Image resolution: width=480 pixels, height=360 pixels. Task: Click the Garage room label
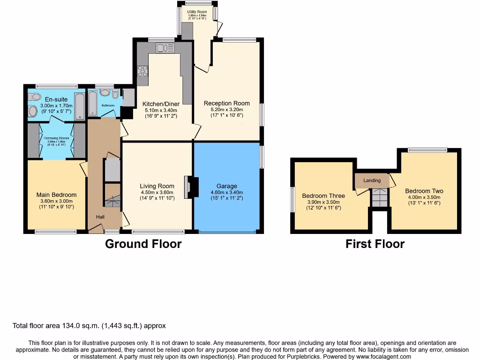pos(226,186)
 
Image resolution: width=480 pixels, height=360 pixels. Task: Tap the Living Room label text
pos(157,186)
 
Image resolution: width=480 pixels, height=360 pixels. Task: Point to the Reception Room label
pos(226,103)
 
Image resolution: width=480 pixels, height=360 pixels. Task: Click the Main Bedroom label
pos(56,195)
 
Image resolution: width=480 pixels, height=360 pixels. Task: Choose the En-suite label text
pos(56,99)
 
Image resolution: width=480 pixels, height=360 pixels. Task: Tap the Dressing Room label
pos(56,138)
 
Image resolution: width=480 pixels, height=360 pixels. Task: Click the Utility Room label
pos(197,12)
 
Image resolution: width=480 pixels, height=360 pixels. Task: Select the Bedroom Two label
pos(424,191)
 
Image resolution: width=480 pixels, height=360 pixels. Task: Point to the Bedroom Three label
pos(323,196)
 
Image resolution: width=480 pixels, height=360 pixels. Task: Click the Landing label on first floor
pos(372,180)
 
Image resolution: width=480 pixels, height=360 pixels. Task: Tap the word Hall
pos(101,217)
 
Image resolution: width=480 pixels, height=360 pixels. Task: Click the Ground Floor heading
pos(143,244)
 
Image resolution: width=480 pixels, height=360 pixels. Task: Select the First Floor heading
pos(375,244)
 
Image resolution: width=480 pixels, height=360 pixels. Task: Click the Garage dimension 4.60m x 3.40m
pos(226,192)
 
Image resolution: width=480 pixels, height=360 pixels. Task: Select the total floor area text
pos(89,326)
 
